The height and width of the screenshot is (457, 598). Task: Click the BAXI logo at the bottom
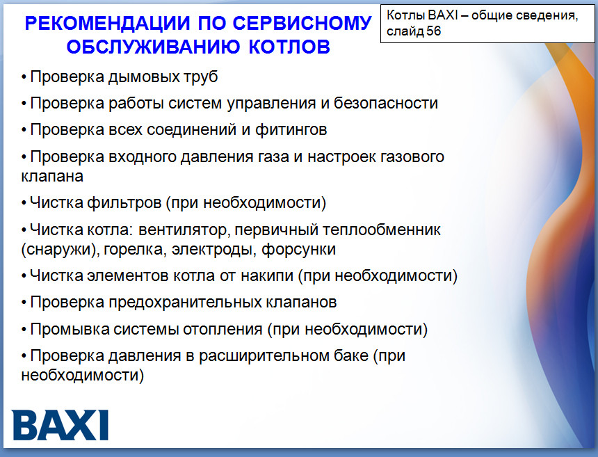(60, 425)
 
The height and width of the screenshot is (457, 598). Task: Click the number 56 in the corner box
(434, 31)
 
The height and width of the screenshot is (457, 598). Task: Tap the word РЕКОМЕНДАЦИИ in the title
(107, 23)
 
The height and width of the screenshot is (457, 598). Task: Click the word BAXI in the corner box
(443, 15)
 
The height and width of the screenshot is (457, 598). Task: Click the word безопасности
(386, 103)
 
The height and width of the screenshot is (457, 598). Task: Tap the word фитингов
(291, 130)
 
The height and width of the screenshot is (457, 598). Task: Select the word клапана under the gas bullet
(52, 177)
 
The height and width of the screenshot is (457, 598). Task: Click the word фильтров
(124, 202)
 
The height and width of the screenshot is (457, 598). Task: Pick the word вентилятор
(183, 230)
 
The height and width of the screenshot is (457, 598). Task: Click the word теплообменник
(382, 230)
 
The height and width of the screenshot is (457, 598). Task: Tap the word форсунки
(298, 250)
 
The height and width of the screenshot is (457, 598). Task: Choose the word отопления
(223, 330)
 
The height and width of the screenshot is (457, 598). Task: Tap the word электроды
(214, 250)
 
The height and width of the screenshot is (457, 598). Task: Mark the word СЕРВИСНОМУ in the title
(302, 23)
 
